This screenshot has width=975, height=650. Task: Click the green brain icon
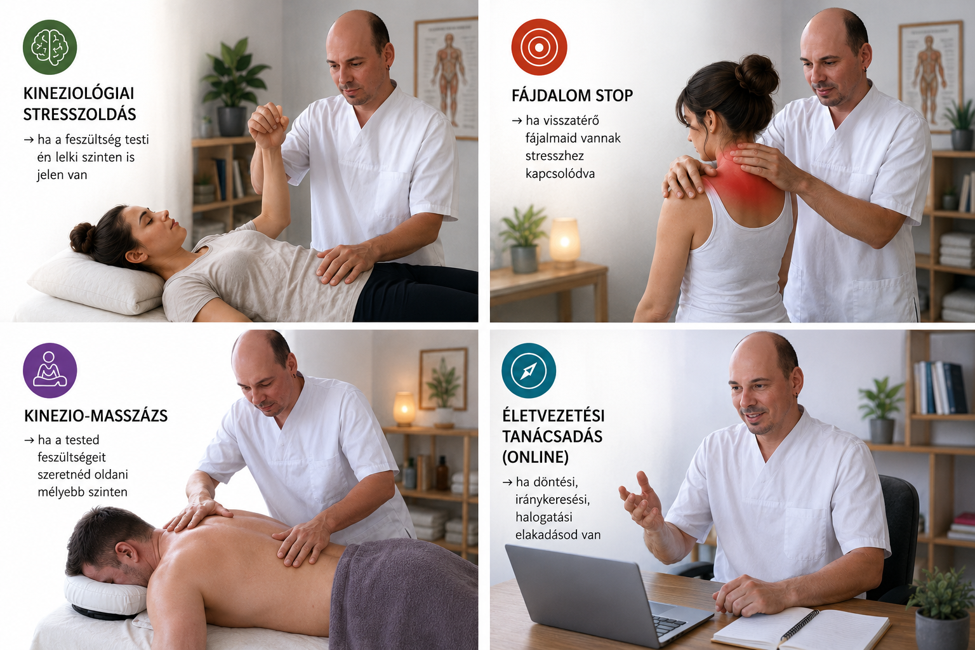[50, 47]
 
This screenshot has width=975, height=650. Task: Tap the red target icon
[539, 47]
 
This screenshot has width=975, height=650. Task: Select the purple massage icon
[50, 371]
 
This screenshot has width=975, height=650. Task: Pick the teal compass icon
[528, 371]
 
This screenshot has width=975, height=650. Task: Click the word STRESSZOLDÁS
[79, 114]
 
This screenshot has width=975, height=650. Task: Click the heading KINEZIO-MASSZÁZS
[96, 416]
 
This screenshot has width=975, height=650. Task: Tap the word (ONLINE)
[535, 457]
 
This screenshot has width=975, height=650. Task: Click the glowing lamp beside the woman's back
[564, 242]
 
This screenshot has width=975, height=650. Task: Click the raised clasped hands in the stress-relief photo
[269, 124]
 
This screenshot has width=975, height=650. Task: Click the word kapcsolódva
[560, 174]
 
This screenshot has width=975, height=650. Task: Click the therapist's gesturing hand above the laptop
[640, 501]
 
